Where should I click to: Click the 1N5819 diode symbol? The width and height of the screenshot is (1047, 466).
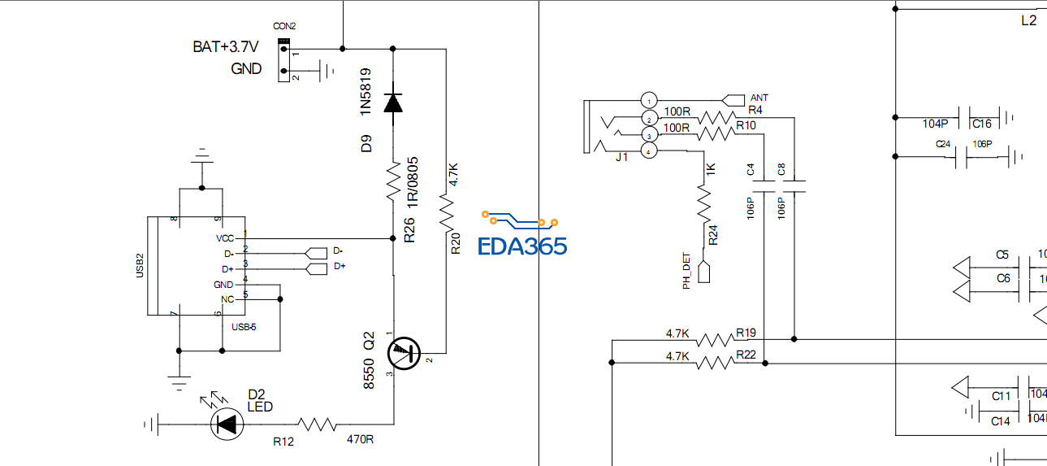(393, 102)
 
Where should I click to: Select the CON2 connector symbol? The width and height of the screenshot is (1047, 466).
(283, 61)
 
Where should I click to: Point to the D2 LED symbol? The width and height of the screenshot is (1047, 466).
(227, 424)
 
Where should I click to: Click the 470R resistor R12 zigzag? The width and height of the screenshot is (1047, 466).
(317, 424)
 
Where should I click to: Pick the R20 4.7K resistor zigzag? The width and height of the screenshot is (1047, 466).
(446, 211)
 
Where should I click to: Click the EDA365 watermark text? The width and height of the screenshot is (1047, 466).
(522, 246)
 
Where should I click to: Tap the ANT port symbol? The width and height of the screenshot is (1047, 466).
(733, 98)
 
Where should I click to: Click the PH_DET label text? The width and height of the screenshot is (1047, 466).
(686, 272)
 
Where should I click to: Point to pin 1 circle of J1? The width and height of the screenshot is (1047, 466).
(648, 99)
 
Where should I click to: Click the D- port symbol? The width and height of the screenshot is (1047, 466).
(316, 251)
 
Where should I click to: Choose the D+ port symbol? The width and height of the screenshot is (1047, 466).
(316, 267)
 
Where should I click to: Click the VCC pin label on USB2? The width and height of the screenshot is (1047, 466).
(224, 238)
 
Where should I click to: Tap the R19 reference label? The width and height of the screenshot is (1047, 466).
(746, 333)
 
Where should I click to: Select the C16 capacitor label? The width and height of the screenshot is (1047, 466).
(981, 124)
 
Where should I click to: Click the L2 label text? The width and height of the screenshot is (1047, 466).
(1028, 21)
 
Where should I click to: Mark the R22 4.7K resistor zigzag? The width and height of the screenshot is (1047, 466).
(714, 363)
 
